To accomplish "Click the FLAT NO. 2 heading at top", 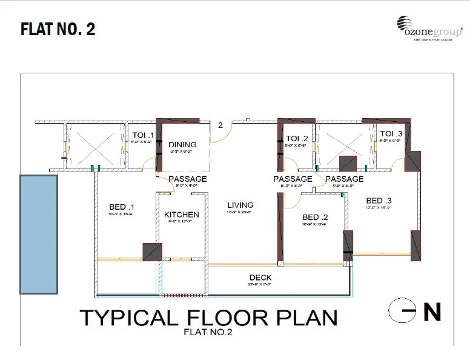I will [58, 29].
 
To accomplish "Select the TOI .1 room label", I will [142, 135].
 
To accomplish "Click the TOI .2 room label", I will [297, 139].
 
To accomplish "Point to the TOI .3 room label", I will [391, 134].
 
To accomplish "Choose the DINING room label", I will [182, 144].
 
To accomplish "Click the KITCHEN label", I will [182, 215].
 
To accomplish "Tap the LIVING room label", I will [240, 205].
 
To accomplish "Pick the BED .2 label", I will [315, 218].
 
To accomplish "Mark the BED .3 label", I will [379, 201].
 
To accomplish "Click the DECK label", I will [260, 278].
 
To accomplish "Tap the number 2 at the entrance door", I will [220, 125].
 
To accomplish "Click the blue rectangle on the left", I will [39, 235].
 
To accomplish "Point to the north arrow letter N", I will [432, 312].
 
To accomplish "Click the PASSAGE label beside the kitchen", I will [187, 179].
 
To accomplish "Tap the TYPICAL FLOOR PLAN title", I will [209, 318].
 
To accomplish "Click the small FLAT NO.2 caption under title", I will [208, 332].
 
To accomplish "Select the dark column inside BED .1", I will [152, 252].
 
